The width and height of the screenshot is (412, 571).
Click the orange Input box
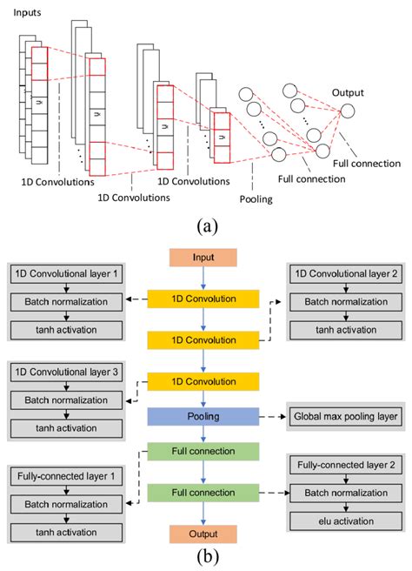(203, 258)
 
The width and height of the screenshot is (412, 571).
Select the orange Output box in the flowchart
(203, 534)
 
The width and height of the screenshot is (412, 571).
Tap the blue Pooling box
(203, 416)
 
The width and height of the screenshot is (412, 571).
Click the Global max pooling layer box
(345, 416)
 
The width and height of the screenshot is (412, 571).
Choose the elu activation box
(346, 521)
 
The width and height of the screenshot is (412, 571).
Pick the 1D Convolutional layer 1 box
(66, 274)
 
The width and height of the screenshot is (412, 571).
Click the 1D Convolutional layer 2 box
(346, 274)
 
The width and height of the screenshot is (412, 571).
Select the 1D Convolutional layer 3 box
(66, 373)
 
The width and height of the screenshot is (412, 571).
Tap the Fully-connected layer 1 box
(66, 476)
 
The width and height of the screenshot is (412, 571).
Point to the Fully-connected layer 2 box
(346, 465)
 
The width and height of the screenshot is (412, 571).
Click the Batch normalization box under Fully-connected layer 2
(346, 493)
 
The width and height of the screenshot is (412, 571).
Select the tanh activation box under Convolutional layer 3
(66, 428)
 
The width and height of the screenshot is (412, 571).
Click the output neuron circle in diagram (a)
(348, 111)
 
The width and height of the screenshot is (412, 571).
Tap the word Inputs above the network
(27, 13)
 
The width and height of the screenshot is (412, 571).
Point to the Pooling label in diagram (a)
(256, 199)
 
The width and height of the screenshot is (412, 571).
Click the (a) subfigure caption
(207, 226)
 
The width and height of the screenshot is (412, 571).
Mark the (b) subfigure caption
(208, 556)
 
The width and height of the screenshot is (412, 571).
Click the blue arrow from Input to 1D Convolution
(203, 279)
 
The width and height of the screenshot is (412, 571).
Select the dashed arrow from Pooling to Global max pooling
(273, 417)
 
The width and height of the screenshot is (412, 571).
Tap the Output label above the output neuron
(348, 93)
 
